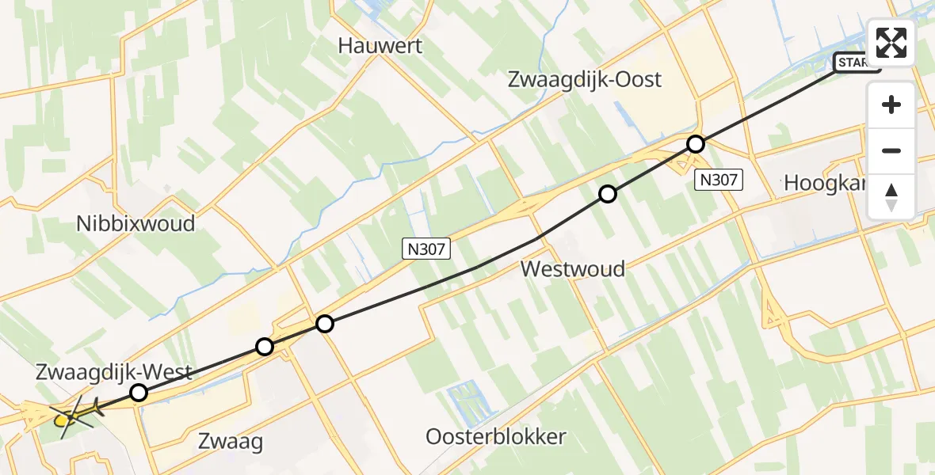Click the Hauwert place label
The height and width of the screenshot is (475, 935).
coord(380,46)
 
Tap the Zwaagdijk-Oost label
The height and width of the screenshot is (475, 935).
coord(584,80)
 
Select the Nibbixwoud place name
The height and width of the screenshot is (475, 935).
coord(135,223)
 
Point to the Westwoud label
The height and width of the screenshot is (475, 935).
coord(572,269)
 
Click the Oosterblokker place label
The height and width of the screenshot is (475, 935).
coord(496,436)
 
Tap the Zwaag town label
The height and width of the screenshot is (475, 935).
coord(231,441)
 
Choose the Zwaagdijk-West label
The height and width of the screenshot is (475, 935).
coord(114,371)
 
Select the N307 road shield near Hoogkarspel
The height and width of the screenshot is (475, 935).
coord(718,180)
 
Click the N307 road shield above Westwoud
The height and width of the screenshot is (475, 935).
coord(426,250)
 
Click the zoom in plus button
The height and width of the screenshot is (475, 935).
coord(891,104)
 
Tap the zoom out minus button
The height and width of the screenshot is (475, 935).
coord(891,150)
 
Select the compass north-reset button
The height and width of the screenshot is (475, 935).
coord(891,196)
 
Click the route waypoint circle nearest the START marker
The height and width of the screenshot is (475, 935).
coord(695,144)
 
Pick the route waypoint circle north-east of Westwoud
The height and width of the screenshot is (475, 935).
coord(607,194)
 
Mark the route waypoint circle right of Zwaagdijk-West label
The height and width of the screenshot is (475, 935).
coord(139,393)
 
